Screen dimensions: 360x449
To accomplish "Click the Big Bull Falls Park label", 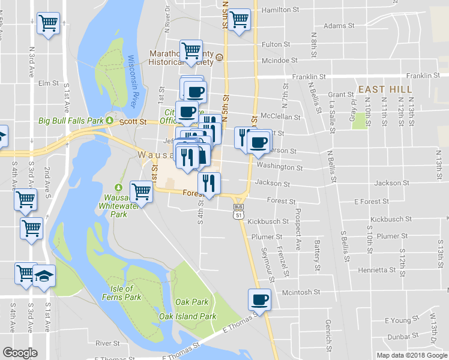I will click(71, 121).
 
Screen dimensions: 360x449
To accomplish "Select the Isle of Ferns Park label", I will click(122, 293).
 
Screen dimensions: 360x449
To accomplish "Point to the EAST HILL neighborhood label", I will click(379, 89).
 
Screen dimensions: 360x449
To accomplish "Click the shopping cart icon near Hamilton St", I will click(239, 19).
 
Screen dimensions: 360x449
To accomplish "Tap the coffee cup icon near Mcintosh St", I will click(260, 299).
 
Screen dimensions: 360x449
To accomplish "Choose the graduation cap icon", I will click(44, 275).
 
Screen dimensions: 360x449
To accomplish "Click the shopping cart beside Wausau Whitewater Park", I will click(141, 191).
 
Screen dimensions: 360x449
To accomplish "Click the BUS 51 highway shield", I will click(238, 210).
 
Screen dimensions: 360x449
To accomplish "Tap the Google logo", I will click(20, 353).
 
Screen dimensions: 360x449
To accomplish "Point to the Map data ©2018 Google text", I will click(412, 355).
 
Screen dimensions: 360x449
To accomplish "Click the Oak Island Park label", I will click(187, 316).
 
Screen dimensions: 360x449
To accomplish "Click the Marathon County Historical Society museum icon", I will click(220, 58).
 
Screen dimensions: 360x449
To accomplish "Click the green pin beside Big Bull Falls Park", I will click(110, 121).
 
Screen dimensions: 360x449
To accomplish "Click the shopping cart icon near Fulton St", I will click(191, 49).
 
